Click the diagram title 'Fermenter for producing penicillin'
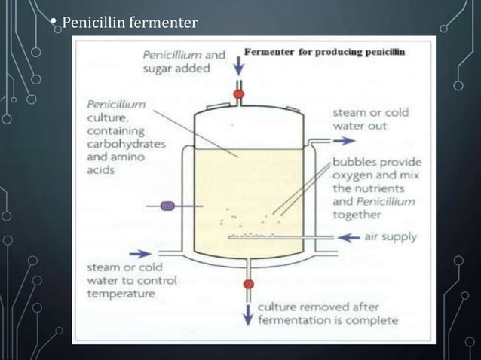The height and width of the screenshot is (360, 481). click(324, 52)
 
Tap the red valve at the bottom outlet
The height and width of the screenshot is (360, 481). click(249, 284)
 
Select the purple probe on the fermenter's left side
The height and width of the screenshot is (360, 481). click(168, 205)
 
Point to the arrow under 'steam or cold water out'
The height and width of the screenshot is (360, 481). click(342, 140)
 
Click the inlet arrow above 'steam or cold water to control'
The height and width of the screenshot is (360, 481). click(140, 254)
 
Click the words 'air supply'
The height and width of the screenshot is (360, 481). click(390, 237)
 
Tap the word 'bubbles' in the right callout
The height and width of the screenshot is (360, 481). click(357, 162)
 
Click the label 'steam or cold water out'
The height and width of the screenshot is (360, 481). click(371, 119)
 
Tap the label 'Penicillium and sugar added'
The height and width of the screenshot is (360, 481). click(184, 61)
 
